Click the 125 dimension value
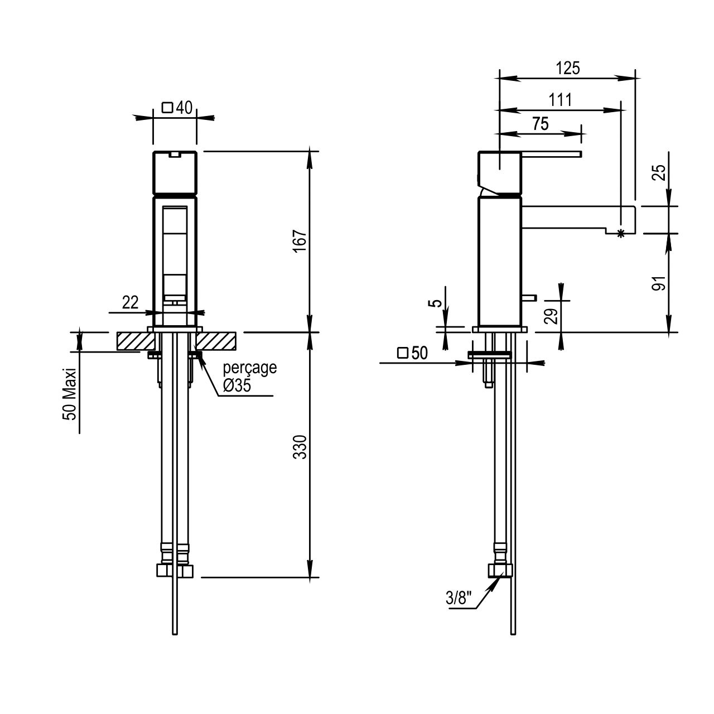(568, 68)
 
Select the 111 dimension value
(560, 100)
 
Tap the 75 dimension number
(540, 124)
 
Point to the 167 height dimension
(300, 240)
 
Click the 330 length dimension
(300, 446)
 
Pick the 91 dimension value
(660, 283)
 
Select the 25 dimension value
(660, 172)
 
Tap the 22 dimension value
(130, 303)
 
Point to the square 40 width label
(177, 107)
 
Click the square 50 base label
(412, 353)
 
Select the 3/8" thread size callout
(459, 599)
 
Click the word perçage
(250, 368)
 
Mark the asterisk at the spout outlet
(621, 234)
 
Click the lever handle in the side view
(552, 153)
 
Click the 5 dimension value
(438, 303)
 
